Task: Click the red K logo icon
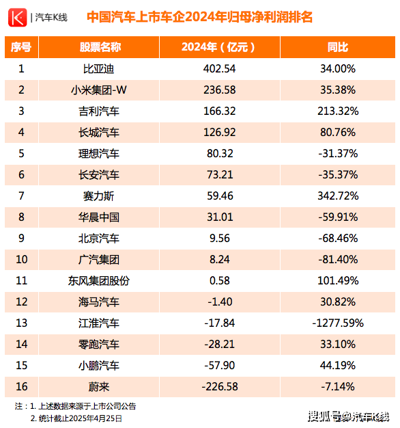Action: click(18, 18)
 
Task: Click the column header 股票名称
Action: click(100, 47)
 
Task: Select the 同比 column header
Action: click(338, 47)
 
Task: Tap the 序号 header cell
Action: click(21, 47)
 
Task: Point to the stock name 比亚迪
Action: click(99, 69)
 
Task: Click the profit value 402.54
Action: click(219, 69)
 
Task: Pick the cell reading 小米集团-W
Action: click(99, 90)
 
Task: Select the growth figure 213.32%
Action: click(338, 111)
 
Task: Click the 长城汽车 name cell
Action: click(99, 133)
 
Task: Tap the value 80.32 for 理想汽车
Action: click(220, 154)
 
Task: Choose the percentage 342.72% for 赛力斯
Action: click(338, 196)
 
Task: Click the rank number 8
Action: click(21, 217)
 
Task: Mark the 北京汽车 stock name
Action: click(99, 239)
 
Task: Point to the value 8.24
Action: click(220, 259)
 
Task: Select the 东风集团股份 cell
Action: click(99, 280)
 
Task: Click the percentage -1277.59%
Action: click(338, 323)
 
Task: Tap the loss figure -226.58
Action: click(220, 387)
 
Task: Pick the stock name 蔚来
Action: click(99, 387)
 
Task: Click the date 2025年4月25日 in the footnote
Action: click(96, 418)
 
